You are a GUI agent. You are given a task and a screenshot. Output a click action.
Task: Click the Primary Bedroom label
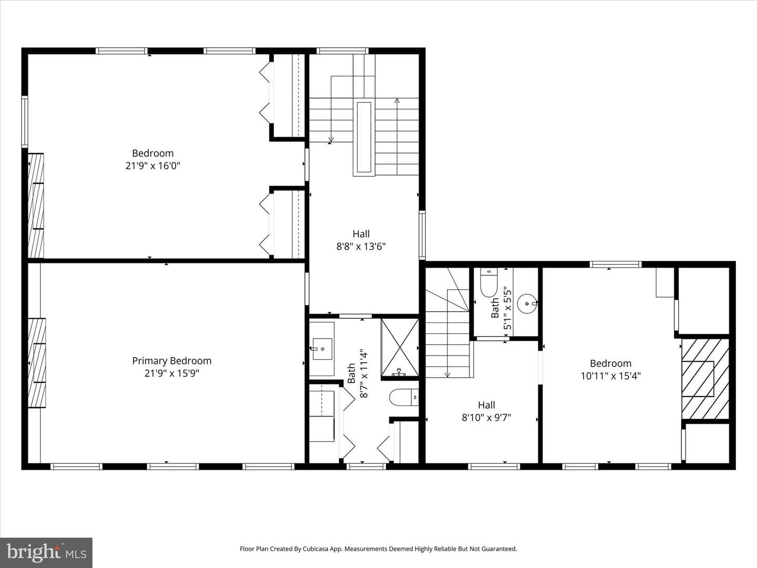tap(172, 361)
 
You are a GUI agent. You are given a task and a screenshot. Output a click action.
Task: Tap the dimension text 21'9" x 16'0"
tap(153, 166)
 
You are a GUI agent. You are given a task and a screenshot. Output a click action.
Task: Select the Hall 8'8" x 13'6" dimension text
tap(361, 247)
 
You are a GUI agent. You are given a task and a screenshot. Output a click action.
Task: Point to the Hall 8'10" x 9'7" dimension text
tap(486, 418)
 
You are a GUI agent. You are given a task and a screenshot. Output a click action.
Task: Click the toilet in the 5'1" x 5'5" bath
tap(489, 282)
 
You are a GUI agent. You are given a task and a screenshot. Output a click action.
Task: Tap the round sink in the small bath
tap(528, 303)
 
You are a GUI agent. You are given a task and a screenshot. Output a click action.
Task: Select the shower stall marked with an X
tap(400, 348)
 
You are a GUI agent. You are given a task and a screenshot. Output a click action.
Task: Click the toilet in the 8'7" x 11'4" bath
tap(404, 398)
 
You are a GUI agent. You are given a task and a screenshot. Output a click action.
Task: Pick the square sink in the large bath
tap(322, 349)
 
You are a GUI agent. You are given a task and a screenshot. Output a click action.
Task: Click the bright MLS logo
tap(46, 552)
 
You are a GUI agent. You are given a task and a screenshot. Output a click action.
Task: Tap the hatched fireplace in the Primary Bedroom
tap(37, 363)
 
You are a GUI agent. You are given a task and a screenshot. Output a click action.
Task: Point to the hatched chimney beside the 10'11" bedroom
tap(705, 379)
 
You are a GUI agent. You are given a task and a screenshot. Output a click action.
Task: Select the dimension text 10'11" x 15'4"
tap(610, 376)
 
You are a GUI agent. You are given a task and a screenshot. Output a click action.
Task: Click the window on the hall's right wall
tap(422, 235)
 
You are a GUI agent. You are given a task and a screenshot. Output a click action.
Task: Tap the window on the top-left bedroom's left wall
tap(25, 122)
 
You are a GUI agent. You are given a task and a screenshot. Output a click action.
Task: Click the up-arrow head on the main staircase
tap(397, 100)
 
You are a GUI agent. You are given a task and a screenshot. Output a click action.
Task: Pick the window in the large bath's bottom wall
tap(366, 466)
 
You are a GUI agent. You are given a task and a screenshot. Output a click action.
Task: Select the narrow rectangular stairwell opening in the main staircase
tap(364, 137)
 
